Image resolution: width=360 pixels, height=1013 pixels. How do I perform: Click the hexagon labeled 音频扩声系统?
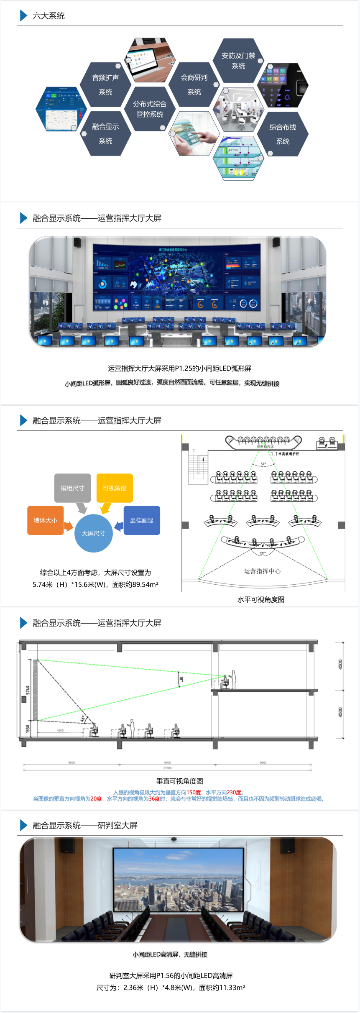point(105,85)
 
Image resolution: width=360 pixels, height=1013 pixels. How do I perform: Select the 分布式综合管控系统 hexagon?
point(150,109)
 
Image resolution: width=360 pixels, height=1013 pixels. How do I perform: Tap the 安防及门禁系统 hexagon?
point(238,61)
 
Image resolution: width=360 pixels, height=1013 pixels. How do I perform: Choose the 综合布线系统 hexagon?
point(283,134)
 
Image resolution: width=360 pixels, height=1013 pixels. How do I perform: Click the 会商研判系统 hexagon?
point(194,85)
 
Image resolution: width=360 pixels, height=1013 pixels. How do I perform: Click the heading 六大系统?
point(49,16)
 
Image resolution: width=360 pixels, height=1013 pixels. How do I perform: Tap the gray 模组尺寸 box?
point(72,488)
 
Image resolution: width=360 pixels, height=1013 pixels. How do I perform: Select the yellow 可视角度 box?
point(115,488)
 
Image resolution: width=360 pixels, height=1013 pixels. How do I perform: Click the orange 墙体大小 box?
point(45,520)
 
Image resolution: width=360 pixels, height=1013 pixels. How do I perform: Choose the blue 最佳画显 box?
point(142,520)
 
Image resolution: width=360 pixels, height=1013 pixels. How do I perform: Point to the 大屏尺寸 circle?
point(93,533)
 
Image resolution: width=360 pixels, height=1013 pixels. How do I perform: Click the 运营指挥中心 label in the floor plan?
point(262,571)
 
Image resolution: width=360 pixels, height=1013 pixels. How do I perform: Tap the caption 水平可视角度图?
point(261,599)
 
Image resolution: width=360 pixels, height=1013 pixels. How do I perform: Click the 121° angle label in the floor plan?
point(263,553)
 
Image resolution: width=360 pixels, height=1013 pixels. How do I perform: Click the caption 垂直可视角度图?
point(180,781)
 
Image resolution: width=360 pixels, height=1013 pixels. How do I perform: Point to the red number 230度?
point(234,792)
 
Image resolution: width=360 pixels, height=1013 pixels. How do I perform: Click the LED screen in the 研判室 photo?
point(178,880)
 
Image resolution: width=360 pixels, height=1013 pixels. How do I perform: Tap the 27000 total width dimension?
point(167,768)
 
